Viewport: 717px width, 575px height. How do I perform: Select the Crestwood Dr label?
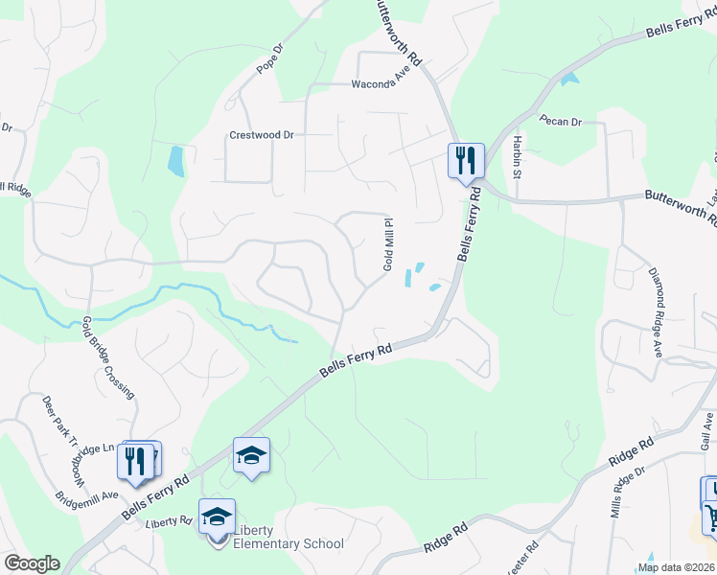tap(261, 135)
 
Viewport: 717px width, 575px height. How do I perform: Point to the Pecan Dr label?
tap(562, 122)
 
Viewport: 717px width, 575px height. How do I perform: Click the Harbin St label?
tap(516, 157)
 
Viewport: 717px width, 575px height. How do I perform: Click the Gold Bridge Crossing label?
tap(107, 356)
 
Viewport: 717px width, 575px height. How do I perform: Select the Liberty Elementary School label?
tap(283, 544)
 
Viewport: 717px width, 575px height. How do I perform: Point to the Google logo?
tap(31, 563)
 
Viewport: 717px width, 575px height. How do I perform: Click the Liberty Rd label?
tap(170, 522)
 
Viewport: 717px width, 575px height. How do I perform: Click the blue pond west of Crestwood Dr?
tap(175, 161)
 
